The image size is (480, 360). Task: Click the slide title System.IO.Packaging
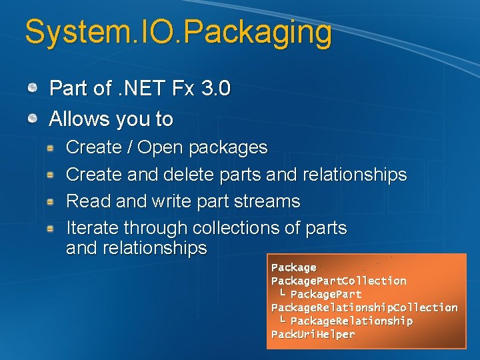click(x=178, y=33)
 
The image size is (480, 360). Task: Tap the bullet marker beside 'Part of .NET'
click(x=33, y=87)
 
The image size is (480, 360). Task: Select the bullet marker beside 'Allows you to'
click(x=33, y=119)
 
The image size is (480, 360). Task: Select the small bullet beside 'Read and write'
click(x=51, y=201)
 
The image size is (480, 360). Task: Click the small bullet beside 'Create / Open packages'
click(x=51, y=147)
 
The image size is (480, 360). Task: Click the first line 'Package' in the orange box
click(x=293, y=267)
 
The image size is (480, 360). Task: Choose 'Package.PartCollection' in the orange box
click(x=339, y=281)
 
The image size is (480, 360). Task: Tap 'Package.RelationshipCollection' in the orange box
click(x=364, y=307)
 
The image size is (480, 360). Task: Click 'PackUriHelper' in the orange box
click(x=313, y=334)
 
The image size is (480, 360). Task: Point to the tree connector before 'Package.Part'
click(x=283, y=293)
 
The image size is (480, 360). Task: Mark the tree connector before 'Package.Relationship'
click(x=283, y=320)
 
